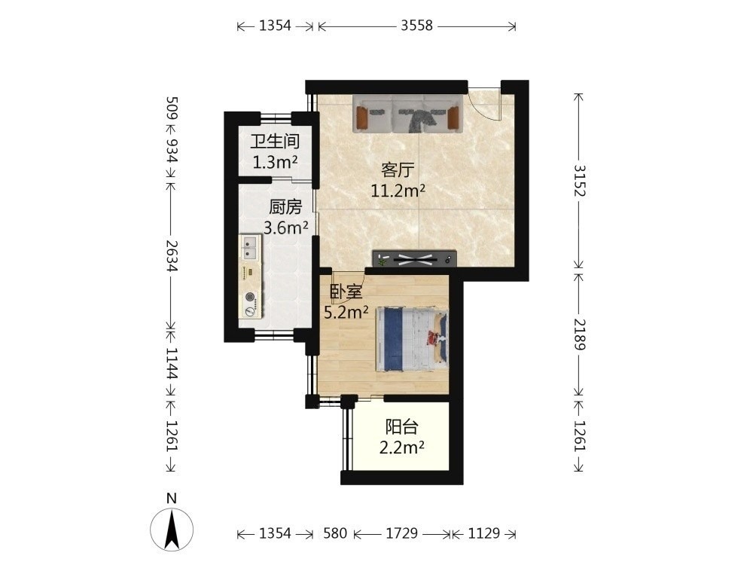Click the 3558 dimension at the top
click(x=417, y=25)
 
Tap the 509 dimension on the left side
click(x=172, y=108)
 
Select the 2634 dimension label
click(x=172, y=255)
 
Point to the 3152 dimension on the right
click(x=580, y=180)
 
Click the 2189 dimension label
click(x=580, y=334)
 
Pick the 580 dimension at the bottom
click(x=335, y=533)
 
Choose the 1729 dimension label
click(x=401, y=533)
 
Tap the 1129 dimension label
click(x=483, y=533)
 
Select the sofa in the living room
click(x=407, y=114)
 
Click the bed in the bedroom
click(x=411, y=340)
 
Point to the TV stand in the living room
click(x=414, y=258)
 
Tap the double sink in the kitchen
click(x=250, y=247)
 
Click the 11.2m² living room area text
click(x=398, y=191)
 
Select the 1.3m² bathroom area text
click(x=275, y=163)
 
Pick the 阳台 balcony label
click(x=401, y=426)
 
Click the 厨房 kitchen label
click(x=285, y=207)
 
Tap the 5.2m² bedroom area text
click(x=346, y=313)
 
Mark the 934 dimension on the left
click(x=172, y=150)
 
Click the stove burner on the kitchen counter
click(x=250, y=298)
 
